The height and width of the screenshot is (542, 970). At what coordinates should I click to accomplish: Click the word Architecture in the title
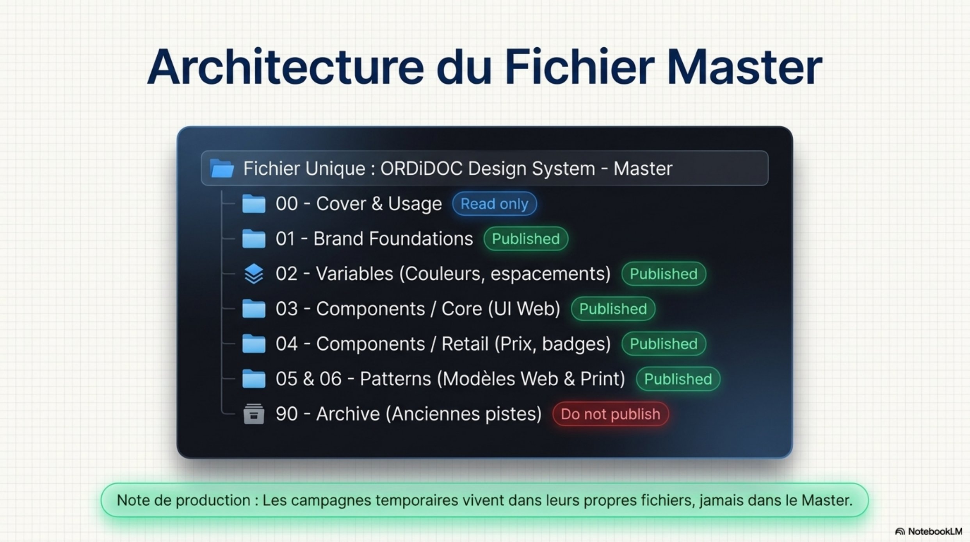[x=285, y=67]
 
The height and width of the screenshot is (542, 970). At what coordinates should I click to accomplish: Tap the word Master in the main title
[x=744, y=67]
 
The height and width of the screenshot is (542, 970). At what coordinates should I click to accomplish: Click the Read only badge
[x=494, y=204]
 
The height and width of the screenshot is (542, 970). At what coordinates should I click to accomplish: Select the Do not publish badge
[x=610, y=414]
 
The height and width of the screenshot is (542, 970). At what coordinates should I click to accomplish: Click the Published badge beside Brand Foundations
[x=526, y=239]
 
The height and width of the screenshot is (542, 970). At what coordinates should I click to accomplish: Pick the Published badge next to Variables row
[x=664, y=274]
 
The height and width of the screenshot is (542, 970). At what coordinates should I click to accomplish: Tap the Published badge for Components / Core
[x=613, y=309]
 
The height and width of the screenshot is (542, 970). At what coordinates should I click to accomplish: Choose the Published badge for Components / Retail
[x=664, y=344]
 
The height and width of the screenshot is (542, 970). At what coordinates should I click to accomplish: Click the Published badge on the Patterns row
[x=678, y=379]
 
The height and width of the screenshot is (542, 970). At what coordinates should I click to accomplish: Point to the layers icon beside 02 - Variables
[x=254, y=274]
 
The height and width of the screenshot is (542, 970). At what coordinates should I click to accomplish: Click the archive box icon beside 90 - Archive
[x=254, y=414]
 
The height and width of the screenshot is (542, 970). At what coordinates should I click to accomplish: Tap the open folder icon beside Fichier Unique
[x=222, y=168]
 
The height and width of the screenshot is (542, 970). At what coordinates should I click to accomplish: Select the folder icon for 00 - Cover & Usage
[x=254, y=204]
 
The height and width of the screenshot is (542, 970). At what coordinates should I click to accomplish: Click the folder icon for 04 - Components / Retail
[x=254, y=344]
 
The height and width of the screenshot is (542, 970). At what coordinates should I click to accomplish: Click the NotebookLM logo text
[x=935, y=531]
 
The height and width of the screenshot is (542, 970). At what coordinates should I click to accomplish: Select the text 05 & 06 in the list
[x=308, y=379]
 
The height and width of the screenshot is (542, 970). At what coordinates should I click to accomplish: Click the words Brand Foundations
[x=393, y=239]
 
